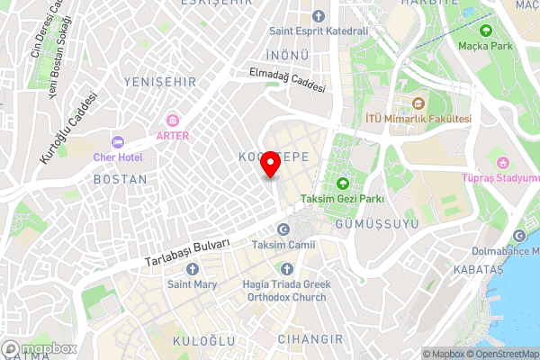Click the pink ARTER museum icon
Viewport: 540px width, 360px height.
point(172,121)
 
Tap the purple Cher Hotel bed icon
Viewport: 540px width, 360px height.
point(116,142)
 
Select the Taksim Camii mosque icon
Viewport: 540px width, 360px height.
point(284,230)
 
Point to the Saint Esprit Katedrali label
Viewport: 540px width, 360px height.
point(319,31)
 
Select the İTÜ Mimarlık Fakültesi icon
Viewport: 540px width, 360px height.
point(418,103)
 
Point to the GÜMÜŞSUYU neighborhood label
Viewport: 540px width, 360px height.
point(364,221)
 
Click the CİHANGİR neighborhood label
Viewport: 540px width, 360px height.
point(312,339)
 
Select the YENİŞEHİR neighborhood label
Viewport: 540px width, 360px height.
point(160,82)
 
